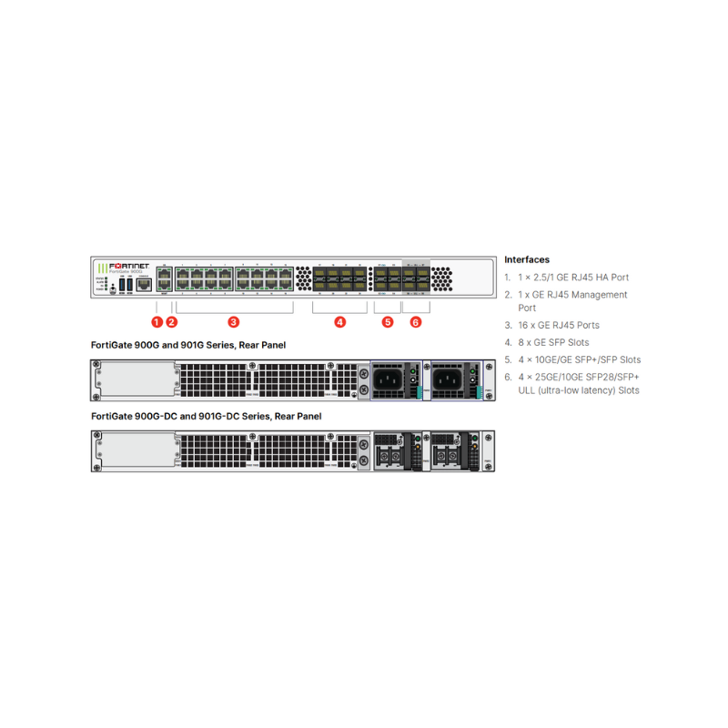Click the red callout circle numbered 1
click(157, 321)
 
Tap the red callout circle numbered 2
click(171, 321)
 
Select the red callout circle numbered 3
click(234, 321)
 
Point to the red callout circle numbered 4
click(339, 321)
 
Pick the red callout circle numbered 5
click(388, 321)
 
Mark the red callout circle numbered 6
click(416, 321)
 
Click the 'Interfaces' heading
click(527, 259)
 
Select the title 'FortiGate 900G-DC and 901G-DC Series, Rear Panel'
click(207, 416)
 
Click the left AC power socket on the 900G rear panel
click(387, 378)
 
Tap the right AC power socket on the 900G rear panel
click(448, 378)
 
